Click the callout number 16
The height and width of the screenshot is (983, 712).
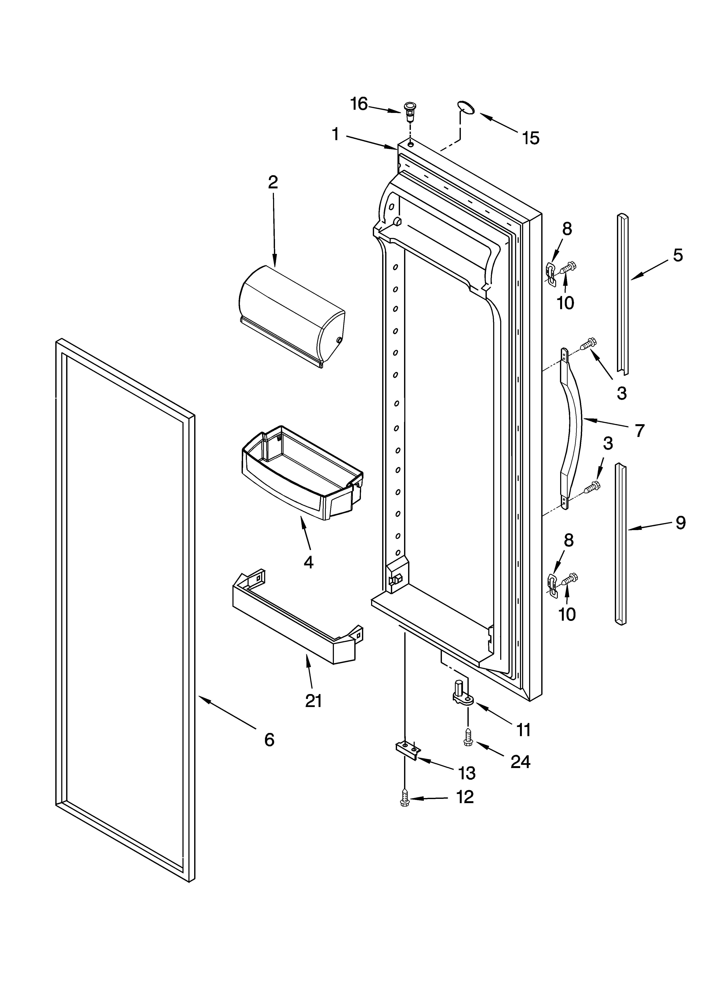(359, 104)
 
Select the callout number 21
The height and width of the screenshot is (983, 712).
(313, 701)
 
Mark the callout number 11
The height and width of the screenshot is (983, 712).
(524, 730)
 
